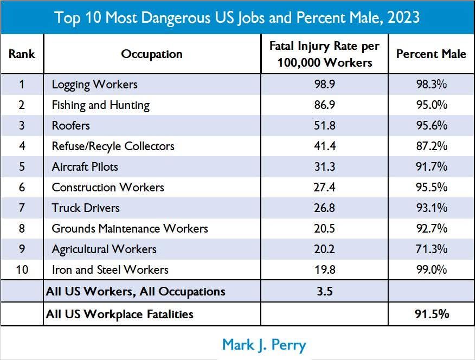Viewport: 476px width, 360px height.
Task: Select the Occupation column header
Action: point(152,54)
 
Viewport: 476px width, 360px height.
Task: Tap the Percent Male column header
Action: point(431,54)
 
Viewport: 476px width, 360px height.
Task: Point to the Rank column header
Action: point(22,54)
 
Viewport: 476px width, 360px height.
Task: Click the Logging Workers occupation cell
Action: point(94,85)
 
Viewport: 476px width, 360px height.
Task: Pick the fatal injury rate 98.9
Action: point(324,85)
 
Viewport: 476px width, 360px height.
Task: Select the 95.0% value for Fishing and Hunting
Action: point(431,105)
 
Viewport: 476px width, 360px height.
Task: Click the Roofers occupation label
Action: point(70,126)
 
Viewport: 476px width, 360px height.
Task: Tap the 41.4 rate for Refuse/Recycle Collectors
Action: point(324,146)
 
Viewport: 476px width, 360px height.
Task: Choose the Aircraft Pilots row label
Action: point(85,167)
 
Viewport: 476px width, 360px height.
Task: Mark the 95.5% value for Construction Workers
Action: point(431,188)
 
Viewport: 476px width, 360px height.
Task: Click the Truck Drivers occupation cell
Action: point(86,208)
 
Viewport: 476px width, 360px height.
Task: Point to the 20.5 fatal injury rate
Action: point(324,229)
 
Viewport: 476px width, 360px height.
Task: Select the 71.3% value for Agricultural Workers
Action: point(431,249)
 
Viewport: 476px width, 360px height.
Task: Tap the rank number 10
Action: point(22,270)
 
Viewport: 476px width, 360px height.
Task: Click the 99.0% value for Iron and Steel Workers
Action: point(431,270)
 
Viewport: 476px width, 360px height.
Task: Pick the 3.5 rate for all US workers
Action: point(324,292)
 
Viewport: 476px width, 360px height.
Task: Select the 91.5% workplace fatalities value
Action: point(431,314)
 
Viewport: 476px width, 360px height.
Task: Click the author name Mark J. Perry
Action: point(265,344)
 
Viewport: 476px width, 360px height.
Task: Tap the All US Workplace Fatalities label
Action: point(120,314)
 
